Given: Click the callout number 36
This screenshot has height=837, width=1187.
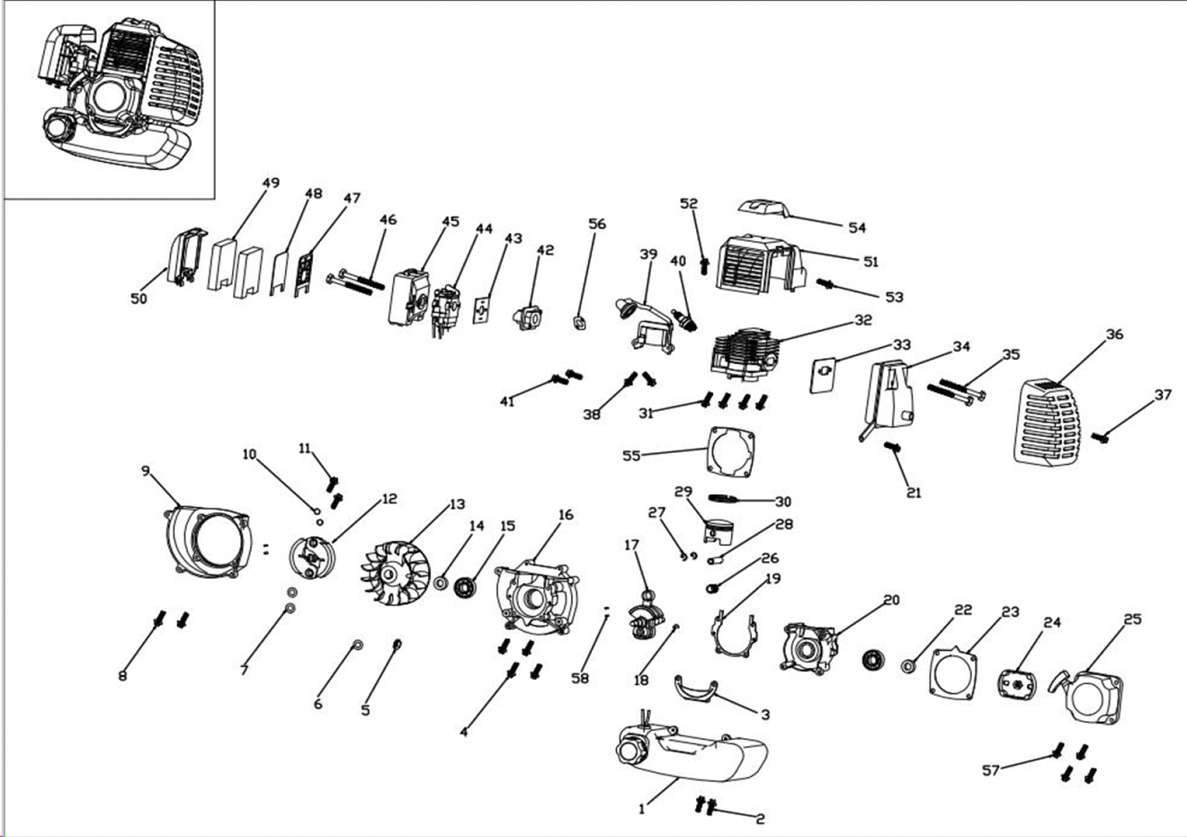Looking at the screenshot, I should [x=1114, y=334].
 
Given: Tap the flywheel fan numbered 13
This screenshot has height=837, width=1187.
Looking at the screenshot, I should [x=393, y=574].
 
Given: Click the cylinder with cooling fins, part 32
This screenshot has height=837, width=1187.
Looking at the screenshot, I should [x=745, y=355].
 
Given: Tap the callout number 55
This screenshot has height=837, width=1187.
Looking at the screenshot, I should [x=631, y=456].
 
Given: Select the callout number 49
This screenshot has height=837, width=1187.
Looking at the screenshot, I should [x=271, y=183].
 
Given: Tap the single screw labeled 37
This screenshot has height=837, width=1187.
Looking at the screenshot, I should [x=1101, y=437].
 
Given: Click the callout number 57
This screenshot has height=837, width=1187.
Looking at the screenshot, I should [x=990, y=770].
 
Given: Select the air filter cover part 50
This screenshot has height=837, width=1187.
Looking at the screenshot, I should [x=183, y=256].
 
